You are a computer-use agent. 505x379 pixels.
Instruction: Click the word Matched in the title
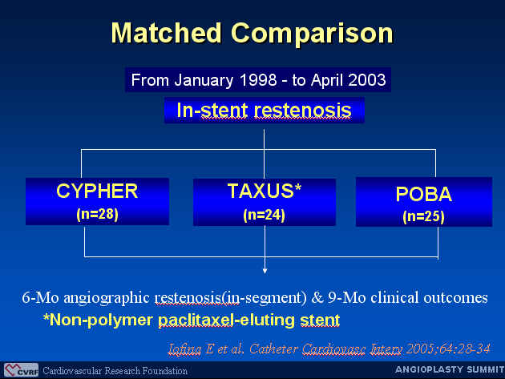click(x=166, y=33)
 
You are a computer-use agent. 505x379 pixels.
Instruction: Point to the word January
click(x=204, y=80)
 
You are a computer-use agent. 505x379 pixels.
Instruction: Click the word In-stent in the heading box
click(x=212, y=110)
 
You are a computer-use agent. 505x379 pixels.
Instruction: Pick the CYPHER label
click(x=97, y=191)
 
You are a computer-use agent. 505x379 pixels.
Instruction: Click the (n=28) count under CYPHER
click(x=97, y=214)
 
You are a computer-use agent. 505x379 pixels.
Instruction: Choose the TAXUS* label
click(x=265, y=191)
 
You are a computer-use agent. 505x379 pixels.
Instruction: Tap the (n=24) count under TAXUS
click(x=264, y=215)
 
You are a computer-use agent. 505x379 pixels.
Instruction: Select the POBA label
click(x=424, y=194)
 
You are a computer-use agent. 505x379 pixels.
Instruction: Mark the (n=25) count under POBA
click(x=423, y=216)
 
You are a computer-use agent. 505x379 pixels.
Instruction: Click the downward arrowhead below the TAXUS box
click(x=265, y=271)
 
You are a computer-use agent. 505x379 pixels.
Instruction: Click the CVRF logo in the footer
click(x=22, y=370)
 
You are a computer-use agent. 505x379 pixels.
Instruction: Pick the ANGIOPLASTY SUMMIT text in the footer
click(x=450, y=369)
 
